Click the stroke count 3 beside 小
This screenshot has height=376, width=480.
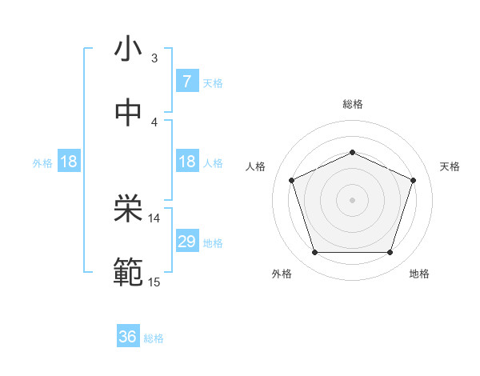tap(154, 58)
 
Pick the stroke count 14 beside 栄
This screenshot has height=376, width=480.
tap(154, 218)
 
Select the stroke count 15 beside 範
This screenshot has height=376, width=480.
tap(154, 281)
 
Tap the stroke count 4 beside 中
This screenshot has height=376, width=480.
tap(154, 122)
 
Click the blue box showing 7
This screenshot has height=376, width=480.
tap(186, 82)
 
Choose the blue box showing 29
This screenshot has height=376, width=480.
tap(186, 242)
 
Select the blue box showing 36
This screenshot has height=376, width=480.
tap(128, 337)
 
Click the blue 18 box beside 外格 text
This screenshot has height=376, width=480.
tap(69, 162)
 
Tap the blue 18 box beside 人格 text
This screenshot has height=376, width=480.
tap(186, 162)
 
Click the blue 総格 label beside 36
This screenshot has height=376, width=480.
tap(154, 338)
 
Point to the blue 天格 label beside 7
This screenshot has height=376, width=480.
tap(212, 82)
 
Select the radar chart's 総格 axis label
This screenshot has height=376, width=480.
tap(352, 104)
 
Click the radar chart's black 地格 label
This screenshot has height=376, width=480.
tap(419, 274)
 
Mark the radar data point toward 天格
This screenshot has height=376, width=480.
tap(414, 180)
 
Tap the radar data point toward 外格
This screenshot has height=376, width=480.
tap(314, 253)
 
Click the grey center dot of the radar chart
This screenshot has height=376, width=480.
tap(352, 200)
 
